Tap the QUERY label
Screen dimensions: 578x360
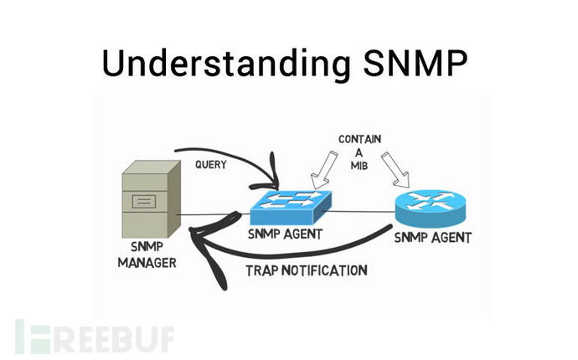(x=211, y=164)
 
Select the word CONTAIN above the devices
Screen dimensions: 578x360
(x=359, y=139)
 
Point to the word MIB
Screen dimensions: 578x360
(x=359, y=166)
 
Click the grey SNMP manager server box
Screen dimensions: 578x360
(x=151, y=199)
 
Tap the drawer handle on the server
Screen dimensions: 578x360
(x=144, y=202)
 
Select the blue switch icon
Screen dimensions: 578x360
(x=291, y=208)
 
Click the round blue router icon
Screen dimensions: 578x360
(x=431, y=209)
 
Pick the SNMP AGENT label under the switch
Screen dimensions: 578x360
(x=285, y=234)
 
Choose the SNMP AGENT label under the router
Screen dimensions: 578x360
(x=433, y=238)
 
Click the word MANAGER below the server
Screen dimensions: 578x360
(x=147, y=263)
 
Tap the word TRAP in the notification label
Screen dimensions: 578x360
(x=261, y=270)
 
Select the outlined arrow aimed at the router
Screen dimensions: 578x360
(x=396, y=169)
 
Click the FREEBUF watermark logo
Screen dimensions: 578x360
(x=95, y=337)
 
